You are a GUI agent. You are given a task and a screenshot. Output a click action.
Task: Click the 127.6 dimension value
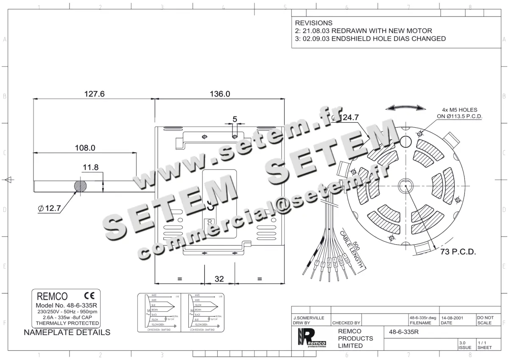tap(93, 94)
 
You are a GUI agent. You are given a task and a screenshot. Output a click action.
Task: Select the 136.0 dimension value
tap(220, 94)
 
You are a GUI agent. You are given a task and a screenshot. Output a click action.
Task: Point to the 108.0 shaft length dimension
tap(85, 148)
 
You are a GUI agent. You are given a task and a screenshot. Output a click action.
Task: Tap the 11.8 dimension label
tap(90, 167)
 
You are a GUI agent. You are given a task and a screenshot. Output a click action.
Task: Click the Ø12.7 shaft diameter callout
tap(50, 208)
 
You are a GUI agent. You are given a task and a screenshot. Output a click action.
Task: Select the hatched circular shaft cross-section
tap(81, 186)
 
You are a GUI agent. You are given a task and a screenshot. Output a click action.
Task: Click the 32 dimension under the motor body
tap(219, 279)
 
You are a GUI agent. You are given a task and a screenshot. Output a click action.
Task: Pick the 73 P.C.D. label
tap(458, 252)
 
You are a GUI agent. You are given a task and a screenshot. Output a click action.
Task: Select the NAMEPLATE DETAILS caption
tap(67, 332)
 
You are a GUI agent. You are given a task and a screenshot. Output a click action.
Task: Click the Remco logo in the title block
tap(312, 338)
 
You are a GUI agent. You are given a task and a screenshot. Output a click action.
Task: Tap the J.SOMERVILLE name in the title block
tap(309, 318)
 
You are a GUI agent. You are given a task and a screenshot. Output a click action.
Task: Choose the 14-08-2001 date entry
tap(452, 318)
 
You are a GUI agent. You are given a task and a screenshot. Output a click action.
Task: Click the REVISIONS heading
tap(313, 23)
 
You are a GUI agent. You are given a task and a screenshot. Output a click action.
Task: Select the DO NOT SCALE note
tap(485, 320)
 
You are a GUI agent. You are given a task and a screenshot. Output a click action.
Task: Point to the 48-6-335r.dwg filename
tap(422, 318)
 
